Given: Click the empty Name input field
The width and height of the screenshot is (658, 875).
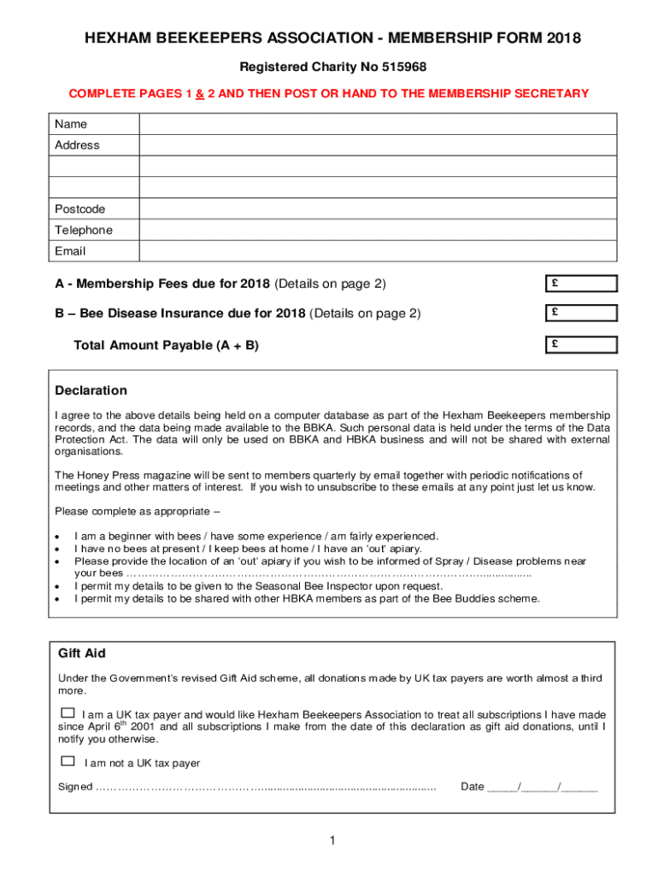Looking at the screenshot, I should coord(377,124).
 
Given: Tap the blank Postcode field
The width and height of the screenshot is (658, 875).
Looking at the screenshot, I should coord(377,208).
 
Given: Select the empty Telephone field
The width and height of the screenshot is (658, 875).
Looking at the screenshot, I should coord(377,230).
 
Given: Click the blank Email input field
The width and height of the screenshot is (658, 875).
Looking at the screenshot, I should coord(377,251).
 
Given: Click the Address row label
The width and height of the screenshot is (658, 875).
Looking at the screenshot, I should coord(77,145).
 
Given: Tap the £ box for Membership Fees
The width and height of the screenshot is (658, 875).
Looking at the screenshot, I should coord(581,284).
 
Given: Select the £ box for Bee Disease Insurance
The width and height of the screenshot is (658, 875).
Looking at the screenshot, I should coord(581,314).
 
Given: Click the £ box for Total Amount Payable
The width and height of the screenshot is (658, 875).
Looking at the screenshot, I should coord(581,345).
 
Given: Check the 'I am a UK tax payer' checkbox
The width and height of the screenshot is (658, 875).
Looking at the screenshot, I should coord(68,713).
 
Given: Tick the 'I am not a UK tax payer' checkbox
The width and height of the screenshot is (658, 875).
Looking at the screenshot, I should coord(68,760).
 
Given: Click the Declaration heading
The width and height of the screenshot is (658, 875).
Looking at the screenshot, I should coord(91,391).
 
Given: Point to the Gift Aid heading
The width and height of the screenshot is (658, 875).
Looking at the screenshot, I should coord(81,653).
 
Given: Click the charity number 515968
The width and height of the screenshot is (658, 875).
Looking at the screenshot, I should coord(403,67).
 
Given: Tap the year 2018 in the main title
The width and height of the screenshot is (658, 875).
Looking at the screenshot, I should coord(563,38).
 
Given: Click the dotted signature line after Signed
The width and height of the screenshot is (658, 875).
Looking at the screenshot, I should coord(265,787).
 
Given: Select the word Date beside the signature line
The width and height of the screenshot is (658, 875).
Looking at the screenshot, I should coord(472,786).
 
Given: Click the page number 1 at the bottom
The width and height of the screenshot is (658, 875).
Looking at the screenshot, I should coord(332,842).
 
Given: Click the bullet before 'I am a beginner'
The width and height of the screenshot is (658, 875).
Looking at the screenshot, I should coord(58,537).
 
